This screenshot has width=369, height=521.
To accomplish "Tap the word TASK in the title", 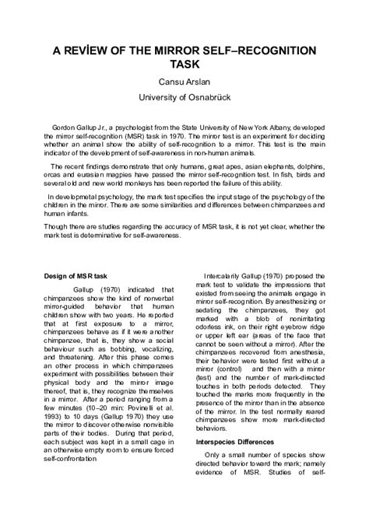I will click(x=184, y=67).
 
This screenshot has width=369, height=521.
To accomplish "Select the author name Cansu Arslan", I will click(x=184, y=84).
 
